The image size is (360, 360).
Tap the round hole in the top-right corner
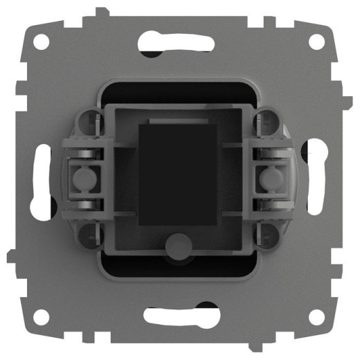pos(316,41)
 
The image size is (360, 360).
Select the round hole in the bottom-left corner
pos(44,316)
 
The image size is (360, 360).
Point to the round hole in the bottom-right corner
pos(316,316)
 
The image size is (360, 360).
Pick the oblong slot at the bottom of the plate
pos(179,316)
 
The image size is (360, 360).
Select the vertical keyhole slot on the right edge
pos(320,178)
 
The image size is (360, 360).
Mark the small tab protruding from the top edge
pos(102,12)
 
